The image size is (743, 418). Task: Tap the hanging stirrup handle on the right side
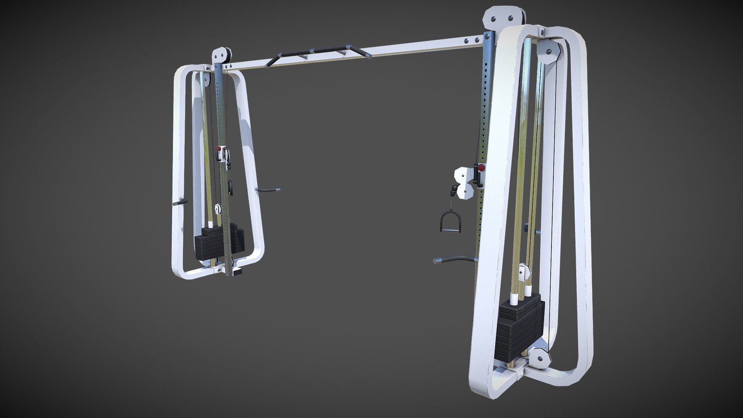pos(448,222)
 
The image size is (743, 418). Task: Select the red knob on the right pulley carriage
pos(481,168)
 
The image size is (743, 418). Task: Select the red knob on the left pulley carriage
pos(219,148)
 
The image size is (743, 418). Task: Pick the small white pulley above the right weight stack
pos(526,271)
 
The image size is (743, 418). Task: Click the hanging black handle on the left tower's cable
pos(230,187)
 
